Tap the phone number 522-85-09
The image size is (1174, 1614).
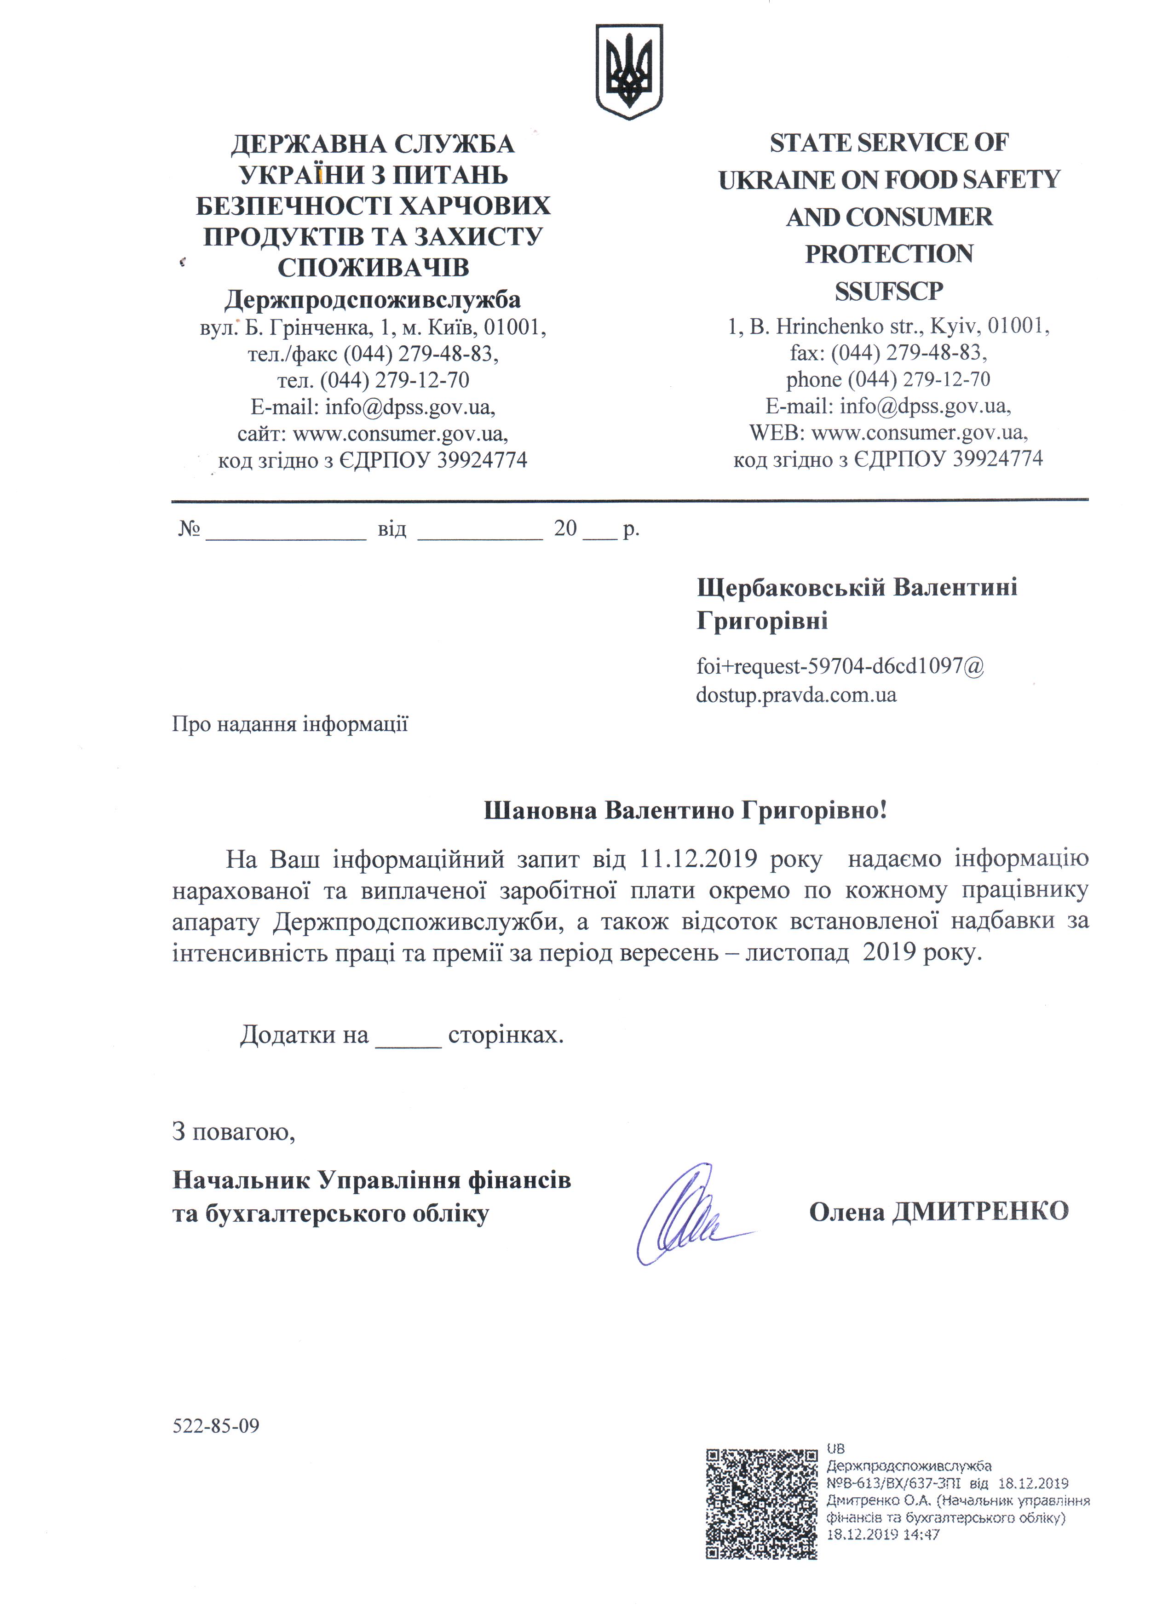point(216,1425)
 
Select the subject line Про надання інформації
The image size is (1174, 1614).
point(290,724)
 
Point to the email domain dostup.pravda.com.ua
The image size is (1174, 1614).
point(796,694)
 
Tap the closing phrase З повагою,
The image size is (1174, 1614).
point(234,1131)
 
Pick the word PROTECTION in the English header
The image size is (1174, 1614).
point(888,254)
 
